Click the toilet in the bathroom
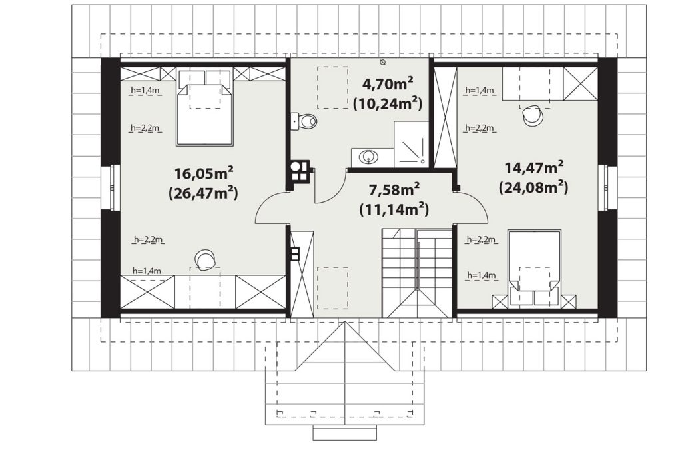click(x=305, y=121)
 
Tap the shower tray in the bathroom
click(x=411, y=144)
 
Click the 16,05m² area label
click(x=204, y=173)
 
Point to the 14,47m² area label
click(x=534, y=167)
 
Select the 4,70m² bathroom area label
click(x=388, y=83)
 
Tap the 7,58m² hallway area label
click(x=394, y=190)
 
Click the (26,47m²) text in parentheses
click(x=203, y=193)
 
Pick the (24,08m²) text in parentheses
click(x=533, y=187)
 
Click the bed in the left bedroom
click(x=205, y=107)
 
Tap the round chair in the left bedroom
click(x=205, y=259)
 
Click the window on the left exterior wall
click(x=111, y=187)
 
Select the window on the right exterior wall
click(x=607, y=187)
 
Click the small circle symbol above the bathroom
click(x=382, y=62)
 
